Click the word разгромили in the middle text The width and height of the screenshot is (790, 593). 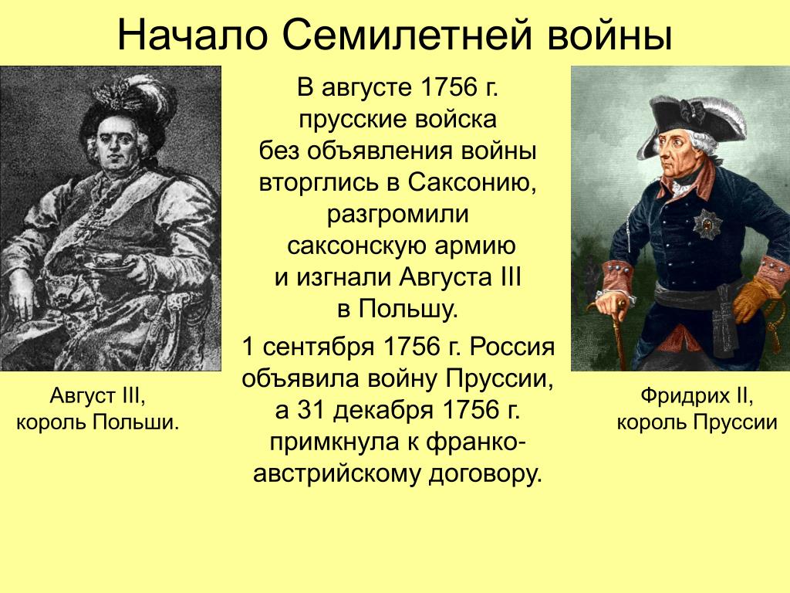point(398,215)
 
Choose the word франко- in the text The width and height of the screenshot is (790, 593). point(476,442)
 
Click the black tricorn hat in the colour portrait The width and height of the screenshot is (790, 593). point(693,124)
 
